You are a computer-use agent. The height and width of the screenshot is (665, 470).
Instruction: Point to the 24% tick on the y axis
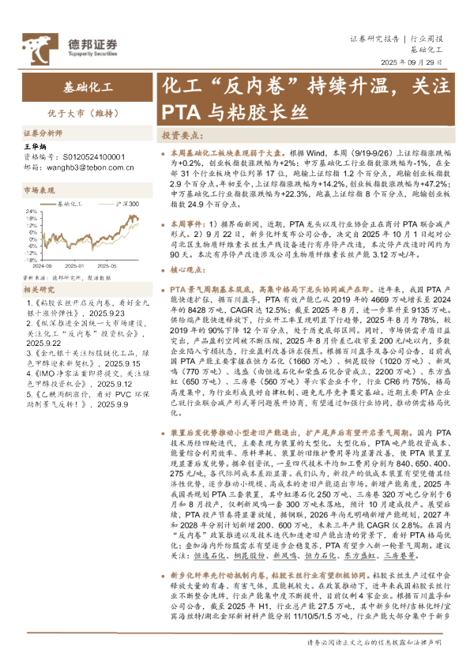(32, 211)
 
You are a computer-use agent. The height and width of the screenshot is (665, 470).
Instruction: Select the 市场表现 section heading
(39, 190)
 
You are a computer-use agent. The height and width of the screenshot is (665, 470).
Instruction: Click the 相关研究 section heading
(39, 291)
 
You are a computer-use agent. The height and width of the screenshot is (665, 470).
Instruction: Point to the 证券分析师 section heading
(43, 133)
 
